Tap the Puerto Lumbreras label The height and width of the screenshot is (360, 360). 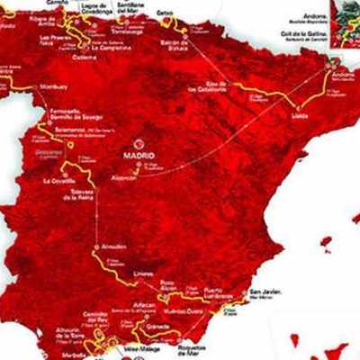[221, 292]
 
